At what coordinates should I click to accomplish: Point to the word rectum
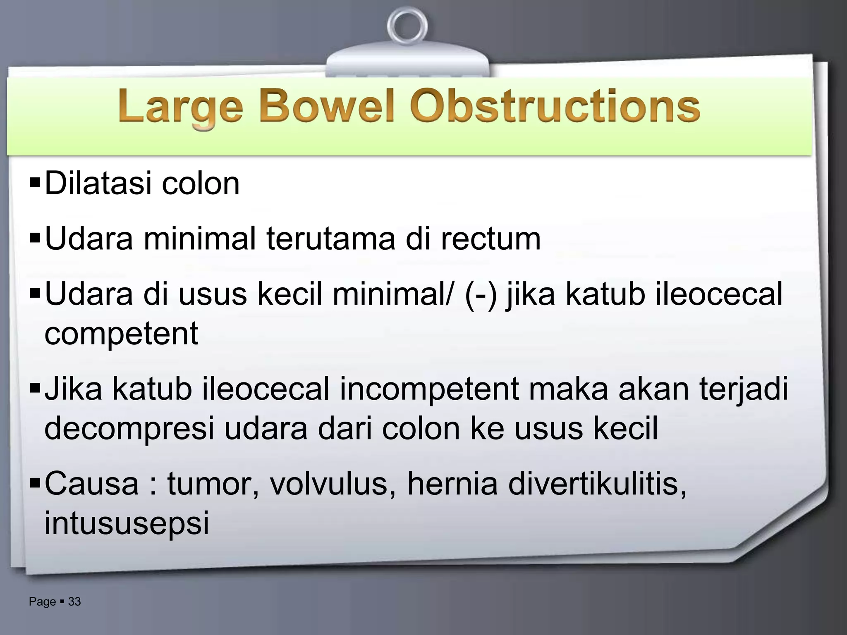490,239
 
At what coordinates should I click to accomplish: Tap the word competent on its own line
121,333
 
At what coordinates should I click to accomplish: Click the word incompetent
429,389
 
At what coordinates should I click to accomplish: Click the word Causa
91,483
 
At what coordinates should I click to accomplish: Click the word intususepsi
127,523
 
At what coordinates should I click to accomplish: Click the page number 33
74,602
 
